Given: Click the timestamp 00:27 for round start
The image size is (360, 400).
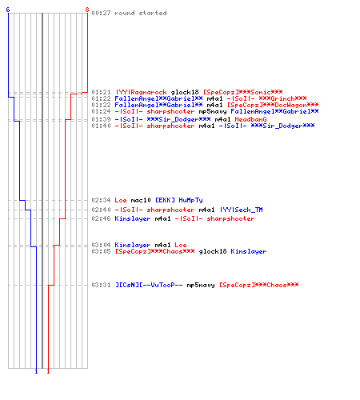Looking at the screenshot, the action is (101, 13).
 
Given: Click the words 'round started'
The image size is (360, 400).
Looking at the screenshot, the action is (141, 13).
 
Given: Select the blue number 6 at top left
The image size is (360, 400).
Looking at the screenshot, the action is (8, 10).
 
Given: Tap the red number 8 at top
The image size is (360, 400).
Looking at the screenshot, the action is (87, 10).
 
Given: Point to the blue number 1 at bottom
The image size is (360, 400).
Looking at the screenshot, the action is (36, 371).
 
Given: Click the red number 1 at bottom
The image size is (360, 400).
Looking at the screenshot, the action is (48, 371).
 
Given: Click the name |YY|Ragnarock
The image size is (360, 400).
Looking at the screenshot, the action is (142, 92).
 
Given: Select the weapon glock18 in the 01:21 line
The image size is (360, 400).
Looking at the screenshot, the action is (185, 92).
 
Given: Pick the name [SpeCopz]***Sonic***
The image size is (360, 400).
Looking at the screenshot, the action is (243, 92).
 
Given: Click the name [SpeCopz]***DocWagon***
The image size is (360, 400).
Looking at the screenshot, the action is (273, 105).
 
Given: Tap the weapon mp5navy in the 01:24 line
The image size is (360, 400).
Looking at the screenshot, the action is (213, 111).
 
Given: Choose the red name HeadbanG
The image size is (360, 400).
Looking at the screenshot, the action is (250, 119).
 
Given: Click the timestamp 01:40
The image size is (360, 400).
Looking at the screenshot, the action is (101, 126).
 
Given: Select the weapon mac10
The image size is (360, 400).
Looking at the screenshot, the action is (141, 200).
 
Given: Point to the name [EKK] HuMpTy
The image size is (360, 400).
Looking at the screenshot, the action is (179, 200).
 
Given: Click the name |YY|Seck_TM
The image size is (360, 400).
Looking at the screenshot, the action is (242, 210).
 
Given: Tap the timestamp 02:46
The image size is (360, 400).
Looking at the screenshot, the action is (101, 218).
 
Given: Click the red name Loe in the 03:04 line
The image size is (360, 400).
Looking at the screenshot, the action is (181, 245).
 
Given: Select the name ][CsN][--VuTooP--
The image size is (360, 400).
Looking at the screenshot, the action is (149, 285).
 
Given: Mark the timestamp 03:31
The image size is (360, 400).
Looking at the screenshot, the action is (101, 285).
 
